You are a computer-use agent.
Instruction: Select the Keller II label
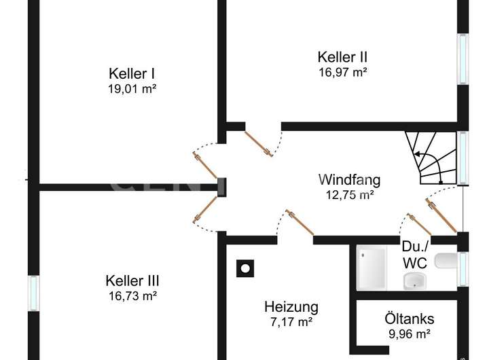[342, 57]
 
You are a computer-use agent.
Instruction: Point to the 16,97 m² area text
[342, 71]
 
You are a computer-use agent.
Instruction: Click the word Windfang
[349, 180]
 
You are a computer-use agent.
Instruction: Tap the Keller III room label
[132, 280]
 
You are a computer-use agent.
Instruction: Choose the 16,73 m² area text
[132, 295]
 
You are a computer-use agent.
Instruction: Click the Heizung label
[291, 306]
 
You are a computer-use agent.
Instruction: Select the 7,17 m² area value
[291, 321]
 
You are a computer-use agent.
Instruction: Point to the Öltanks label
[409, 319]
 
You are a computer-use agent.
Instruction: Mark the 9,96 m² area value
[409, 334]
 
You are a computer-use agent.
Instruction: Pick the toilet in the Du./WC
[446, 261]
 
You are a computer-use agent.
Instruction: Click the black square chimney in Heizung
[243, 269]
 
